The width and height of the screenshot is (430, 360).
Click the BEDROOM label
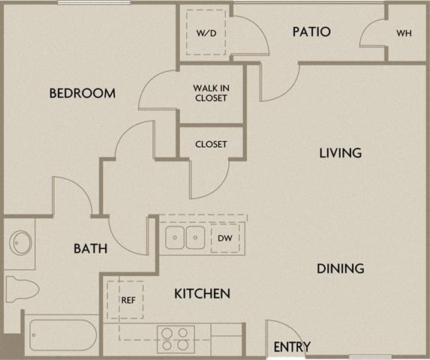point(83,94)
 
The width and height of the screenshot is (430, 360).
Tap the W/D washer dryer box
point(206,34)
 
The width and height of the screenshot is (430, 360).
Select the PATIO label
point(311,32)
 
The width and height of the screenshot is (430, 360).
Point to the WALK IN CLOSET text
point(210,92)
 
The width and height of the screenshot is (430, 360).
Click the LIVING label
point(340,153)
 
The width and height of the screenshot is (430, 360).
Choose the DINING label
point(340,268)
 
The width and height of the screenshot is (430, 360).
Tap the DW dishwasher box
point(225,238)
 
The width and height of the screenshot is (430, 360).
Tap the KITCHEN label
point(202,293)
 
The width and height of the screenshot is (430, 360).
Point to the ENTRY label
point(292,347)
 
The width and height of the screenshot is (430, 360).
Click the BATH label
point(89,248)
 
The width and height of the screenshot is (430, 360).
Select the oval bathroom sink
point(20,243)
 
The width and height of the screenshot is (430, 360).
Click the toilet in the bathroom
point(17,288)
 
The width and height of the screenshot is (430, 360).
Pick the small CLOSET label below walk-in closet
point(211,144)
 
